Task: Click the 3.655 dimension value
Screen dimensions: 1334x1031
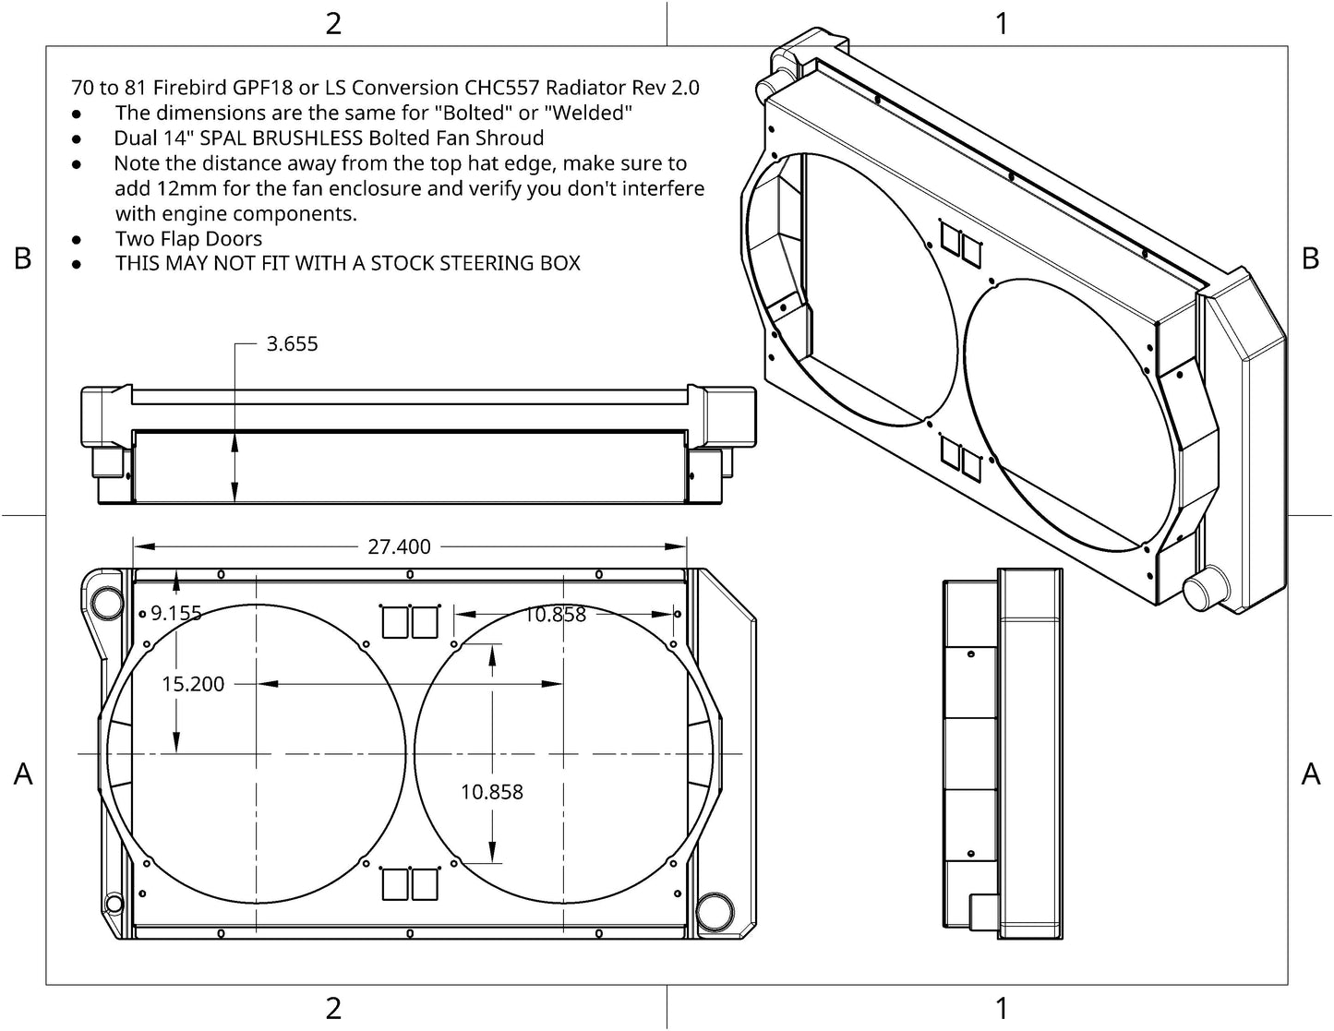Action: [x=293, y=343]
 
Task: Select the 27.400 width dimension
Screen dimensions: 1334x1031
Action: [x=399, y=546]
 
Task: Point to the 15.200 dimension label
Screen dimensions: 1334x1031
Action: [x=193, y=684]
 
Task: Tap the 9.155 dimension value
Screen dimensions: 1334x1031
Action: [x=176, y=613]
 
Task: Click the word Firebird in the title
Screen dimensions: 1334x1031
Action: [x=189, y=88]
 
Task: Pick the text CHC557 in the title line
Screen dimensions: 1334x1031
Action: [x=501, y=88]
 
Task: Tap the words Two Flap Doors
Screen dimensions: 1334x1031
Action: [x=188, y=239]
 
